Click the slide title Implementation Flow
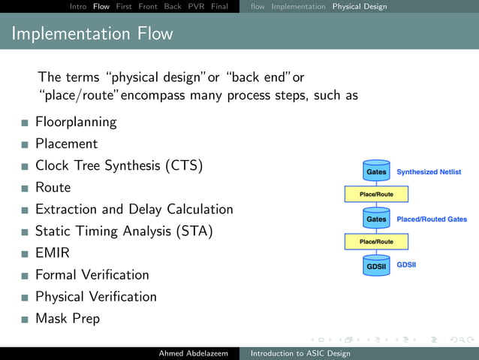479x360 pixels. (92, 34)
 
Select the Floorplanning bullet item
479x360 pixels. (76, 122)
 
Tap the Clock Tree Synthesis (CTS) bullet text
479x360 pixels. (119, 165)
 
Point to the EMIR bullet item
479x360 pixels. (53, 253)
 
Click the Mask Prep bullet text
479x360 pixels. (67, 319)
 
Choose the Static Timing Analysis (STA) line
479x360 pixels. (124, 231)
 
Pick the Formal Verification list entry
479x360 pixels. (92, 275)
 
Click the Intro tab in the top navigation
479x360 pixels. (77, 7)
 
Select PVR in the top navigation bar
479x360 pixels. (196, 7)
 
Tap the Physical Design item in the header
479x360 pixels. (360, 7)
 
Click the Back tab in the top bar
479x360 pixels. (173, 7)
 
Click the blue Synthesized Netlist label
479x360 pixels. (429, 172)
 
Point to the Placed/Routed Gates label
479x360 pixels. (432, 219)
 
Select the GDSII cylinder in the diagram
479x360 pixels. (376, 265)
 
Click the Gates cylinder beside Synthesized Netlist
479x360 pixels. (376, 171)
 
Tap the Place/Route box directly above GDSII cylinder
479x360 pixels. (376, 242)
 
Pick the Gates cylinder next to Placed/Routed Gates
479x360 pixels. (376, 219)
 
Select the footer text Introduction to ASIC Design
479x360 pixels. (300, 353)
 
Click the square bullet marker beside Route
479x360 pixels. (25, 188)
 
